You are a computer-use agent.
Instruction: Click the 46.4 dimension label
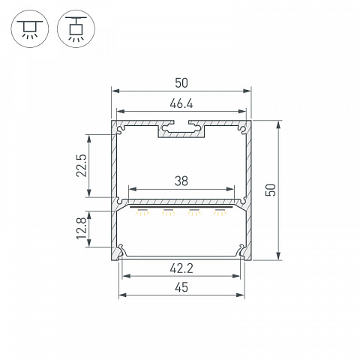pyautogui.click(x=181, y=103)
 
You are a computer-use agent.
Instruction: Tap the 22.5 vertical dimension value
pyautogui.click(x=82, y=166)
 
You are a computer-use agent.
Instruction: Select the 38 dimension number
pyautogui.click(x=181, y=181)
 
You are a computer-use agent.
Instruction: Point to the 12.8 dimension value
pyautogui.click(x=82, y=228)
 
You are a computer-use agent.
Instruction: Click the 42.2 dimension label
pyautogui.click(x=181, y=268)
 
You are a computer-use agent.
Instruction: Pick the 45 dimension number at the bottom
pyautogui.click(x=181, y=287)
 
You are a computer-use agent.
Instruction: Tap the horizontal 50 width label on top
pyautogui.click(x=181, y=83)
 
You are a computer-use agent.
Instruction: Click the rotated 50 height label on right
pyautogui.click(x=271, y=190)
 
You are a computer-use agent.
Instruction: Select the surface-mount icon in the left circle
pyautogui.click(x=30, y=29)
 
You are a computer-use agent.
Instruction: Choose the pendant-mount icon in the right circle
pyautogui.click(x=76, y=28)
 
